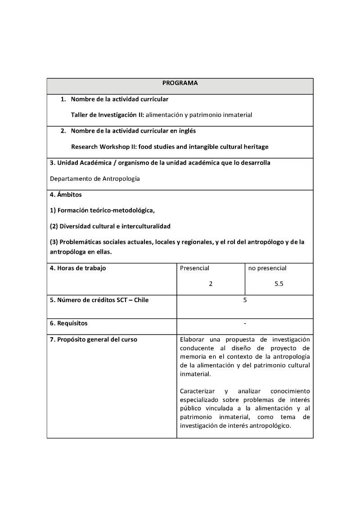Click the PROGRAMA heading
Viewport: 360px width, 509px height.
pyautogui.click(x=180, y=83)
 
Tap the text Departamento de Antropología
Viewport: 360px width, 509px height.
pyautogui.click(x=95, y=179)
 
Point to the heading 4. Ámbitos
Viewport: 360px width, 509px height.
pyautogui.click(x=66, y=195)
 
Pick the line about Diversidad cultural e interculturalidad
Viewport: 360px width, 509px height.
pyautogui.click(x=110, y=226)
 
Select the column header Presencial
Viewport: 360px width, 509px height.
pyautogui.click(x=194, y=268)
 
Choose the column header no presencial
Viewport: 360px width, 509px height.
pyautogui.click(x=267, y=268)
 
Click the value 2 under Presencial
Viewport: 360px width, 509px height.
pyautogui.click(x=211, y=284)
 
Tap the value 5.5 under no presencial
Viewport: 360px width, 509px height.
pyautogui.click(x=279, y=284)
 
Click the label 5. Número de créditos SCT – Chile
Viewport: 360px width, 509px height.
pyautogui.click(x=99, y=300)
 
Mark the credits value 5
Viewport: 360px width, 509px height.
pyautogui.click(x=245, y=300)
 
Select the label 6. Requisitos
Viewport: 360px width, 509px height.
pyautogui.click(x=69, y=323)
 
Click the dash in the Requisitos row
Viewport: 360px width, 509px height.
pyautogui.click(x=245, y=323)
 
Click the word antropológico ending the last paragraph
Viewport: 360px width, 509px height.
pyautogui.click(x=272, y=425)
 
